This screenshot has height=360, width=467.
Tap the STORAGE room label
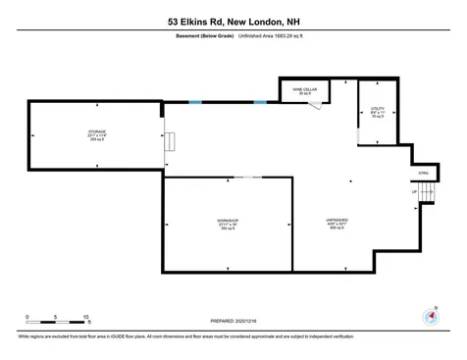coord(96,133)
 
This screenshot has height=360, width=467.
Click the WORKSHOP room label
coord(228,225)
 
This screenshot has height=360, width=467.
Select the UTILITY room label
coord(377,112)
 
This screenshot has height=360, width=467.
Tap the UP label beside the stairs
coord(415,192)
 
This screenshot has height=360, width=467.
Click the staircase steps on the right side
coord(427,196)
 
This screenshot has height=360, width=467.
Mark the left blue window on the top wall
coord(196,101)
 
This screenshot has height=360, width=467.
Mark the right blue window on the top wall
coord(260,101)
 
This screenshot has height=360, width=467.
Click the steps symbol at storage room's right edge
coord(170,143)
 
